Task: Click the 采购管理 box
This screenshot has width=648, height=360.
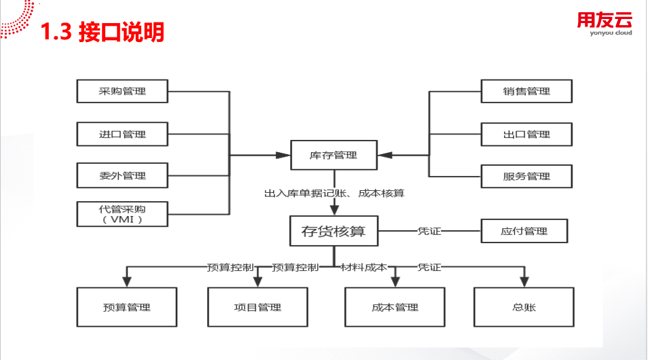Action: (122, 92)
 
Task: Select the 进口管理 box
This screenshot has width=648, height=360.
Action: (122, 134)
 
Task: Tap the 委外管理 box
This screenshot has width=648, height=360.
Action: (122, 176)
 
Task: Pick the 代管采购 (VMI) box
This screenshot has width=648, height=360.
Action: (122, 214)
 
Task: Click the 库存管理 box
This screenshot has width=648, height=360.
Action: (333, 156)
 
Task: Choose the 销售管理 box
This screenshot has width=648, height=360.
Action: (526, 92)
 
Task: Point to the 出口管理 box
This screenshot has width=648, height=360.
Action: (526, 134)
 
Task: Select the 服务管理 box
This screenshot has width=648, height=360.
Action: (526, 176)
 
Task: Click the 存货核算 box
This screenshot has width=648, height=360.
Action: (333, 232)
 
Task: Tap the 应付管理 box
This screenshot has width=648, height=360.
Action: (524, 232)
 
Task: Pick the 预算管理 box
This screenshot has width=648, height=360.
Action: (126, 308)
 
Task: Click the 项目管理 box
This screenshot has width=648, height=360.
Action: (257, 308)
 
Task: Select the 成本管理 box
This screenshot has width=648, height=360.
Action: (395, 308)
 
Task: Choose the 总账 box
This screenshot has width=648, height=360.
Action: (524, 308)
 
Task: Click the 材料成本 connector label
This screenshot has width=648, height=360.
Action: (363, 267)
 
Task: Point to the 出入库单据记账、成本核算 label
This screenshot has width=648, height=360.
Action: (334, 194)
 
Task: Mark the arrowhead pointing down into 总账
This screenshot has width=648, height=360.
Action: (524, 281)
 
